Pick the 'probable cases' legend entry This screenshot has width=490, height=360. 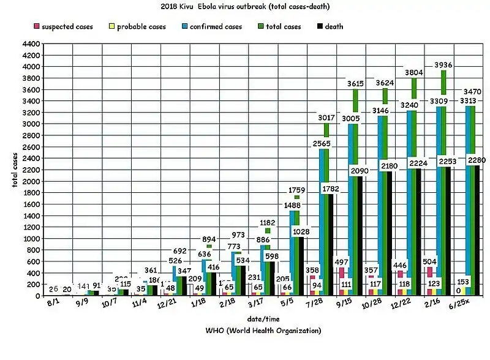tap(137, 27)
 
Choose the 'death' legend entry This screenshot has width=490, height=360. tap(330, 27)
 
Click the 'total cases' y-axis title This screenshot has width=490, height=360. tap(14, 168)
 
